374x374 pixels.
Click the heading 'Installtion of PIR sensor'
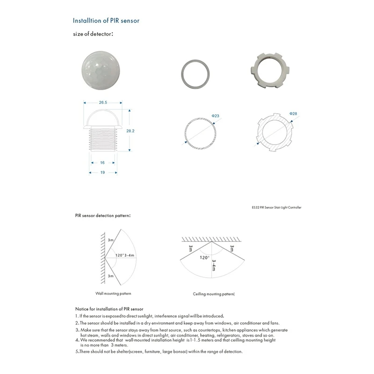[x=106, y=21]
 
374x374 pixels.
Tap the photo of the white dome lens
[x=102, y=70]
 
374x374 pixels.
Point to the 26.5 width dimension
[x=102, y=102]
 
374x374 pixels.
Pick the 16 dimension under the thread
[x=102, y=163]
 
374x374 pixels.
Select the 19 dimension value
[x=102, y=173]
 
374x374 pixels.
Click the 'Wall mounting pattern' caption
[x=113, y=294]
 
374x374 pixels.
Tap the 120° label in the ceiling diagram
[x=204, y=258]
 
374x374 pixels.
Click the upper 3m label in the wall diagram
[x=111, y=239]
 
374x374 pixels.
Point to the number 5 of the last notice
[x=77, y=352]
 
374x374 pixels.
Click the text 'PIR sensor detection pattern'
[x=102, y=216]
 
